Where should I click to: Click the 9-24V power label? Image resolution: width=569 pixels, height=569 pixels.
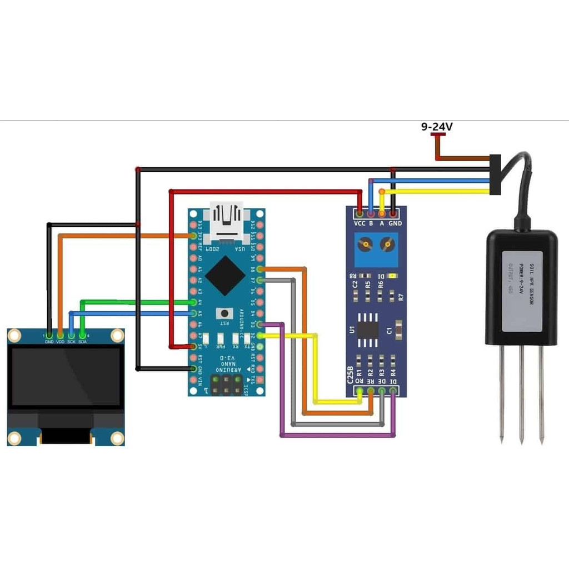click(x=436, y=127)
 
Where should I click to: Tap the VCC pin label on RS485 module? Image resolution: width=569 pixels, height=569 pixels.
click(x=360, y=223)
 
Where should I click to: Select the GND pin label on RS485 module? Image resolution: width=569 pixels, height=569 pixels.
click(x=395, y=223)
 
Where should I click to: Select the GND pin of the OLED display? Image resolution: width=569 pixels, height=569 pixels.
click(x=49, y=335)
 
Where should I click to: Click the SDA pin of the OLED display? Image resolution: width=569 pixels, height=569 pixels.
click(x=82, y=335)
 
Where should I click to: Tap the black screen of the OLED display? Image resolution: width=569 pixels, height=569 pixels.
click(x=66, y=377)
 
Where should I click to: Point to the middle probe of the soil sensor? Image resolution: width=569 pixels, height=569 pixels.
click(x=521, y=395)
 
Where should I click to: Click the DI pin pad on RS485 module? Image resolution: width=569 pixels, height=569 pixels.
click(x=393, y=391)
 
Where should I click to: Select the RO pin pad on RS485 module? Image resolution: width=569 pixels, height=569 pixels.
click(x=360, y=391)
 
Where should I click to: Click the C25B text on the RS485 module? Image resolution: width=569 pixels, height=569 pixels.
click(x=351, y=375)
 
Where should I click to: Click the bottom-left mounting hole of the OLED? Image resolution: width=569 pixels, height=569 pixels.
click(x=13, y=438)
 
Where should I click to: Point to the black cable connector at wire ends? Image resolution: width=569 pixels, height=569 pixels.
click(x=495, y=175)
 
